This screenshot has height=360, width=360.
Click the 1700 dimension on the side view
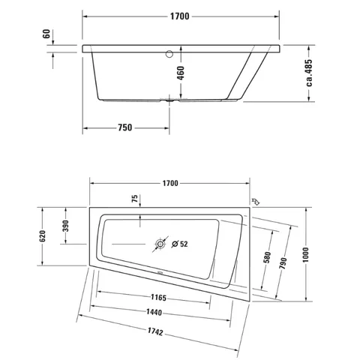tap(180, 16)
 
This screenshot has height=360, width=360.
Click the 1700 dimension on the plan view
tap(170, 183)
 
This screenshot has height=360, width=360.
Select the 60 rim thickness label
tap(46, 34)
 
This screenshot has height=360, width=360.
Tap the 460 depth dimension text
tap(181, 73)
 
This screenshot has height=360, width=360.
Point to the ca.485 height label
tap(309, 73)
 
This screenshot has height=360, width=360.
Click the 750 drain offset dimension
tap(125, 127)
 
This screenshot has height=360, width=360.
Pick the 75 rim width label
tap(135, 199)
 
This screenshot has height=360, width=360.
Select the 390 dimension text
tap(65, 226)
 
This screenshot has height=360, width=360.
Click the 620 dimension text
tap(43, 236)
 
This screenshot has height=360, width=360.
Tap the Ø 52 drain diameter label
tap(180, 244)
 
